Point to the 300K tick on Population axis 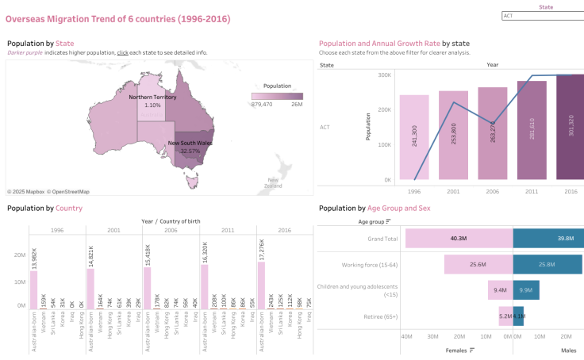(383, 75)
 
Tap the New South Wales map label (194, 144)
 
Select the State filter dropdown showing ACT (543, 15)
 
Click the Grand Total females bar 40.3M (459, 238)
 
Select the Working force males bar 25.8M (547, 263)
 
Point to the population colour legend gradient (277, 96)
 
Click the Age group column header (352, 222)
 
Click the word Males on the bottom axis (568, 350)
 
